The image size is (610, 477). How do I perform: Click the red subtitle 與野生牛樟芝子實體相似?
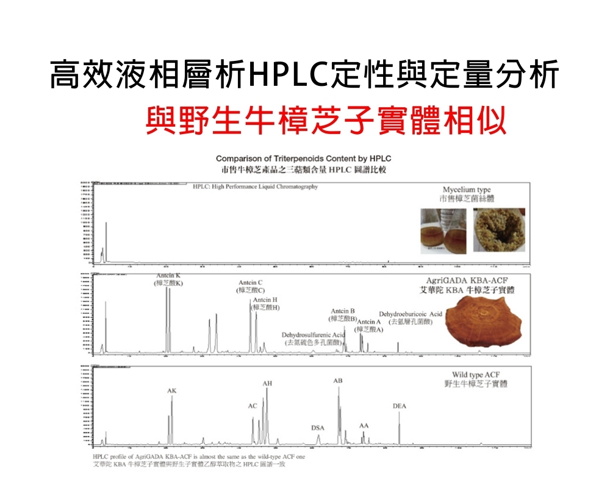pyautogui.click(x=326, y=120)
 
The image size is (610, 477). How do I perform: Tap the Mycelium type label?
pyautogui.click(x=467, y=190)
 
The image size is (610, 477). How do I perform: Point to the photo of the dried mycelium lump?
pyautogui.click(x=498, y=230)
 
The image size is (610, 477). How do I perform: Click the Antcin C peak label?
pyautogui.click(x=250, y=283)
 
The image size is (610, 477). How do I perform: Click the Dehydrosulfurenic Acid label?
pyautogui.click(x=313, y=335)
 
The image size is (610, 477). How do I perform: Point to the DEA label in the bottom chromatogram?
pyautogui.click(x=399, y=405)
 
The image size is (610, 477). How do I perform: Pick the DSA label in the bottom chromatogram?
pyautogui.click(x=317, y=428)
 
